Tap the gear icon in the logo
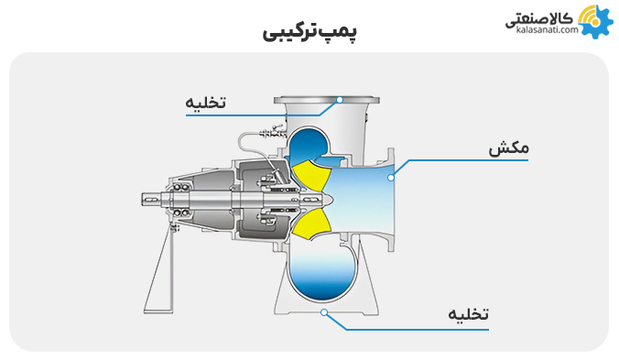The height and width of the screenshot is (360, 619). [x=596, y=20]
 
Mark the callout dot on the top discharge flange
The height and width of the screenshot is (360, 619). [x=339, y=98]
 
